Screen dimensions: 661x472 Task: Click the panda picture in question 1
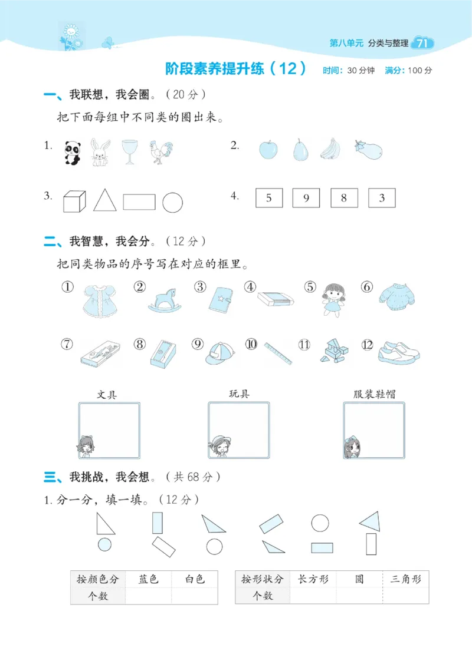[x=72, y=153]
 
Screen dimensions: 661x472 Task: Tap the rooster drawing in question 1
[x=159, y=152]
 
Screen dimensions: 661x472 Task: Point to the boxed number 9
[x=306, y=198]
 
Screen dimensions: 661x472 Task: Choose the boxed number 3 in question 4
[x=382, y=198]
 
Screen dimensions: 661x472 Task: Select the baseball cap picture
[x=220, y=352]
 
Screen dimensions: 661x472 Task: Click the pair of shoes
[x=399, y=351]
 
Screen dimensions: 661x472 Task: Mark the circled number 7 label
[x=67, y=343]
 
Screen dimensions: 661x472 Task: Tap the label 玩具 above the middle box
[x=239, y=394]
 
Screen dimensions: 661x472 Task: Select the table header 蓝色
[x=149, y=579]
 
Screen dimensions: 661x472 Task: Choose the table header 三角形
[x=406, y=579]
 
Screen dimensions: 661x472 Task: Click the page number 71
[x=422, y=43]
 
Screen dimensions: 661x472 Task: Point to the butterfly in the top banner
[x=108, y=42]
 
